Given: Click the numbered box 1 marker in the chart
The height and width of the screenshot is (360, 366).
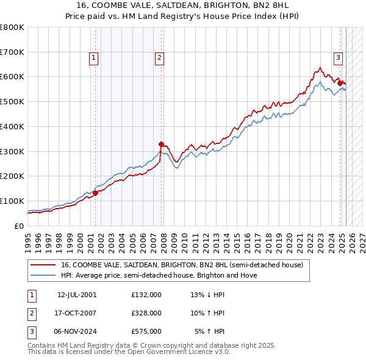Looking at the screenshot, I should point(94,58).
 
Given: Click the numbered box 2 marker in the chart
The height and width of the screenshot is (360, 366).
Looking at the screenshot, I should point(159,58).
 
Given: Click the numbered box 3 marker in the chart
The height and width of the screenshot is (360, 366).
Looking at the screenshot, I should point(337,58).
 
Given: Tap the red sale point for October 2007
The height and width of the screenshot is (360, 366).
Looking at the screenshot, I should point(161,144).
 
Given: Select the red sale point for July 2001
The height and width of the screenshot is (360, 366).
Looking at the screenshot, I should point(96,193).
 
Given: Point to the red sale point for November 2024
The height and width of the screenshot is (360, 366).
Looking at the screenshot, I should point(340,82).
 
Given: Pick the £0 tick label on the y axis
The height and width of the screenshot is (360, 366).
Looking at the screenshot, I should point(19,226).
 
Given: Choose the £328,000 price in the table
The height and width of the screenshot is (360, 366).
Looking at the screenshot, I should point(146,313).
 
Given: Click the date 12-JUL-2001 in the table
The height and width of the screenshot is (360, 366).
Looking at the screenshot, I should point(77,295).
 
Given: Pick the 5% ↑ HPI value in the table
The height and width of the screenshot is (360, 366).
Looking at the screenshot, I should point(210,331).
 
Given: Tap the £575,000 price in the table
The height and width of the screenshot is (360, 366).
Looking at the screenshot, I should point(146,331).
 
